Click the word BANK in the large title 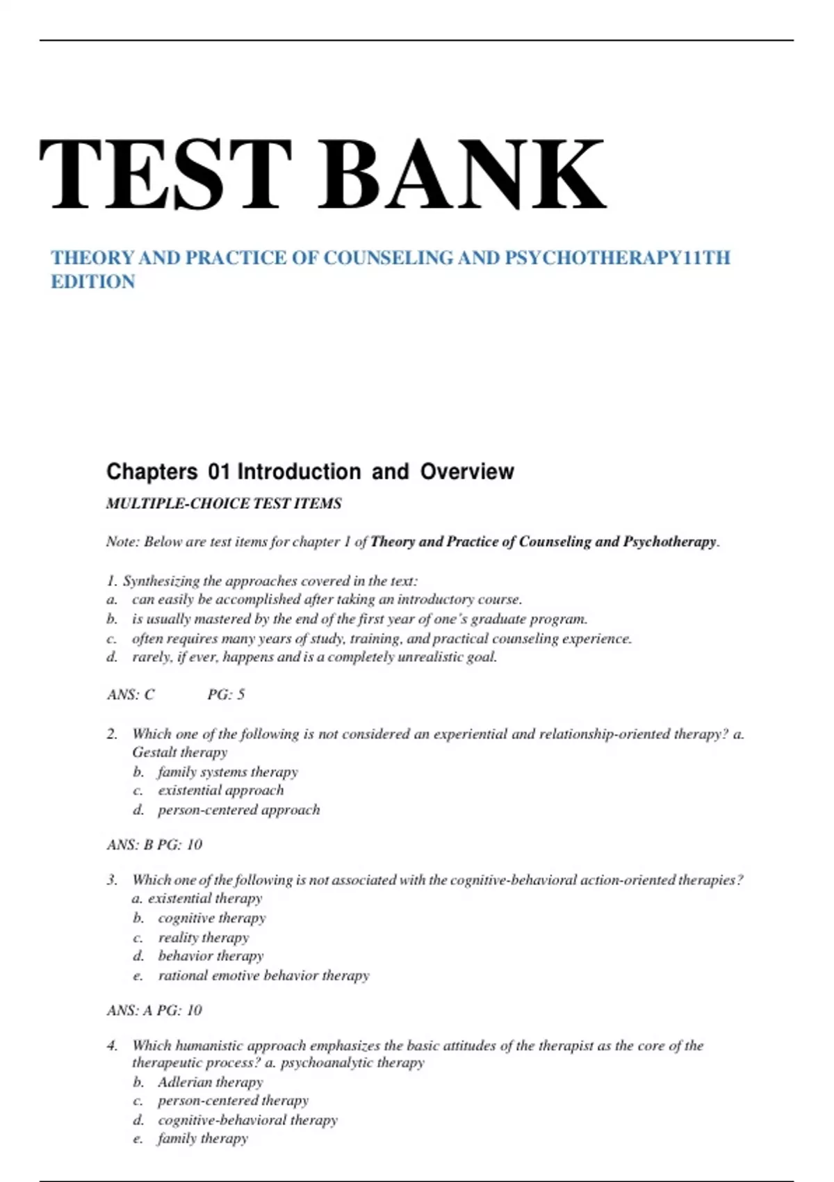pyautogui.click(x=462, y=174)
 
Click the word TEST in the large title pyautogui.click(x=165, y=174)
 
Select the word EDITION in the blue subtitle pyautogui.click(x=93, y=282)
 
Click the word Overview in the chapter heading pyautogui.click(x=467, y=471)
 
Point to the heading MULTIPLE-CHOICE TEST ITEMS pyautogui.click(x=224, y=503)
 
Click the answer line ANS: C pyautogui.click(x=131, y=694)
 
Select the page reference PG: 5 pyautogui.click(x=226, y=694)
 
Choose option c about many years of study pyautogui.click(x=382, y=638)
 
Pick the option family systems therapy pyautogui.click(x=228, y=772)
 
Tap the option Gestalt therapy pyautogui.click(x=180, y=752)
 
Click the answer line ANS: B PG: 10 pyautogui.click(x=154, y=844)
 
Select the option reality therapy pyautogui.click(x=204, y=937)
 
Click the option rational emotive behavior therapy pyautogui.click(x=264, y=975)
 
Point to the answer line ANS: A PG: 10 pyautogui.click(x=154, y=1010)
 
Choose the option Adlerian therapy pyautogui.click(x=211, y=1082)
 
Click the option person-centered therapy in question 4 pyautogui.click(x=234, y=1101)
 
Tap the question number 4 pyautogui.click(x=112, y=1046)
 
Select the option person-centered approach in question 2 pyautogui.click(x=239, y=810)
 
